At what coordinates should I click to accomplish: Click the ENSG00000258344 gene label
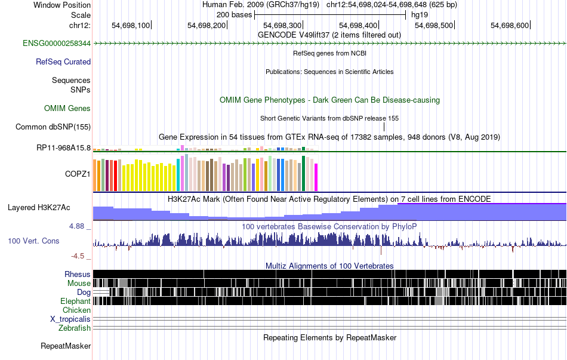pyautogui.click(x=57, y=44)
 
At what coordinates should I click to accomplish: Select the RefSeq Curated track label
pyautogui.click(x=63, y=61)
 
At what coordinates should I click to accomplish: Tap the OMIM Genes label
pyautogui.click(x=67, y=108)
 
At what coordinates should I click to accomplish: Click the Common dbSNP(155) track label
pyautogui.click(x=53, y=127)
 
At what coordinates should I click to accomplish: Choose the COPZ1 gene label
pyautogui.click(x=78, y=174)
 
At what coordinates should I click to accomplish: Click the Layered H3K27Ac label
pyautogui.click(x=39, y=208)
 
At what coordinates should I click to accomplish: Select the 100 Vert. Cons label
pyautogui.click(x=35, y=241)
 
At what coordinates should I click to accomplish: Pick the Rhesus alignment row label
pyautogui.click(x=78, y=274)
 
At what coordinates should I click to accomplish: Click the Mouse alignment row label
pyautogui.click(x=79, y=283)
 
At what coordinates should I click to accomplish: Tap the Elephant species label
pyautogui.click(x=75, y=301)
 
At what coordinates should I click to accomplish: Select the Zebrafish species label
pyautogui.click(x=75, y=328)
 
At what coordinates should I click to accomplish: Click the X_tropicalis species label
pyautogui.click(x=70, y=319)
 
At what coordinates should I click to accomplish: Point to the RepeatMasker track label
pyautogui.click(x=66, y=346)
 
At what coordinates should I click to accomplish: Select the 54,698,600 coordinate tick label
pyautogui.click(x=510, y=25)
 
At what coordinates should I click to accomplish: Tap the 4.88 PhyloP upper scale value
pyautogui.click(x=78, y=226)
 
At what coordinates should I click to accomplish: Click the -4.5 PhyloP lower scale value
pyautogui.click(x=78, y=256)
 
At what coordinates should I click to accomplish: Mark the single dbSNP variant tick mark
pyautogui.click(x=384, y=127)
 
